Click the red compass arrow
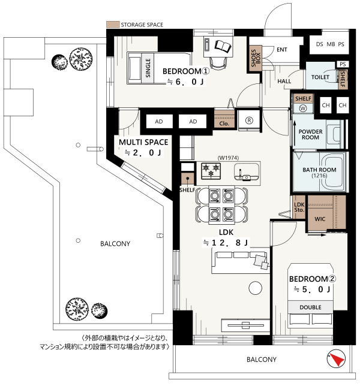pos(337,359)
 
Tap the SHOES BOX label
pos(256,58)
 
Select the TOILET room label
pos(320,77)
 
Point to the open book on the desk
pos(223,46)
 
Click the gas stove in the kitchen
pos(211,171)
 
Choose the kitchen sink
pos(247,172)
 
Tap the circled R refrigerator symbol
pos(249,120)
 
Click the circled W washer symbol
pos(303,108)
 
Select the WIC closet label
pos(320,219)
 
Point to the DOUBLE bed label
pos(310,307)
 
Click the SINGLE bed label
pos(148,68)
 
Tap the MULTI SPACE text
pos(143,142)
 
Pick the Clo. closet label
pos(224,123)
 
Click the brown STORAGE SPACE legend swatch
pos(113,25)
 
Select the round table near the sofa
pos(255,288)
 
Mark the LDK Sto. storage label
pos(299,207)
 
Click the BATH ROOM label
pos(319,170)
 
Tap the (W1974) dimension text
pos(228,158)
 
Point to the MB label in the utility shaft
pos(331,44)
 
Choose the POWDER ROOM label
pos(310,134)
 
